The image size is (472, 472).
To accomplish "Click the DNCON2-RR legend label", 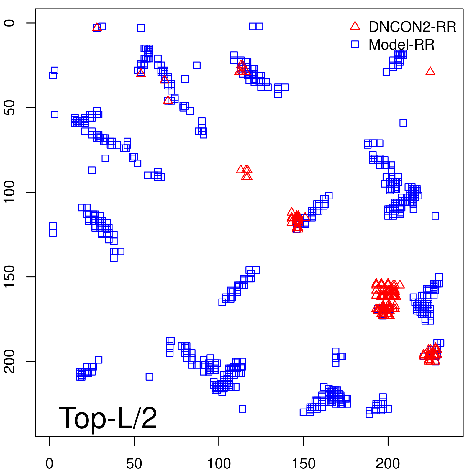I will point(412,27).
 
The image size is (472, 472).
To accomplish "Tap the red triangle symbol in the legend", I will point(355,26).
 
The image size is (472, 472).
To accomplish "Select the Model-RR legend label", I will point(401,45).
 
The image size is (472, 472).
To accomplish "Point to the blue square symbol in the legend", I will point(355,44).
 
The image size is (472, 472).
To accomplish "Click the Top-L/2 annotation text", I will point(108,418).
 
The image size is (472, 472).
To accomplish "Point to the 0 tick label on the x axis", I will point(50,463).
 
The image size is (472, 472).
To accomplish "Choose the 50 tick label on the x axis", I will point(134,463).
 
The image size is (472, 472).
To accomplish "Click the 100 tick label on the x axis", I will point(219,463).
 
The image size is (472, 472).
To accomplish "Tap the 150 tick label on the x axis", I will point(303,463).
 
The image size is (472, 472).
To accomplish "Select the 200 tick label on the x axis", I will point(388,463).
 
